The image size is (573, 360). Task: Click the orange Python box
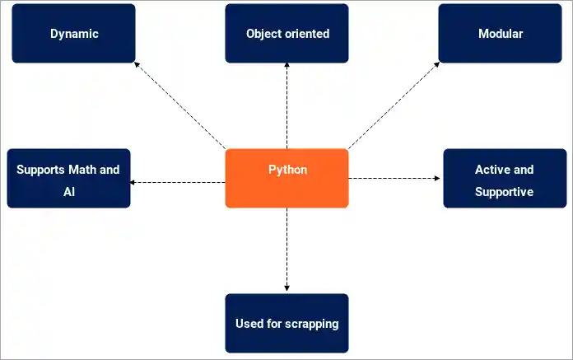pos(286,178)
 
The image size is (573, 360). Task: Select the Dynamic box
pos(73,34)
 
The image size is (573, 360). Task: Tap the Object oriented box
pos(286,34)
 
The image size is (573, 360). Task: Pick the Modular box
pos(500,34)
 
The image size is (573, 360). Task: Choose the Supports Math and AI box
pos(68,179)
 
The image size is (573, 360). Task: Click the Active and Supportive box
pos(504,179)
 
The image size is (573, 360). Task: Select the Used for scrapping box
pos(286,323)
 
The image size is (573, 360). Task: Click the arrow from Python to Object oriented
pos(286,107)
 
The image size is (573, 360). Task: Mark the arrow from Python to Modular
pos(394,107)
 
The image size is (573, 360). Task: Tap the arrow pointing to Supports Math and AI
pos(177,182)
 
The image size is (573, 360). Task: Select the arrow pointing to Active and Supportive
pos(395,178)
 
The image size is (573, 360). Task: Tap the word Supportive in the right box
pos(504,192)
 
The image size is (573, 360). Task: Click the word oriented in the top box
pos(306,34)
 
